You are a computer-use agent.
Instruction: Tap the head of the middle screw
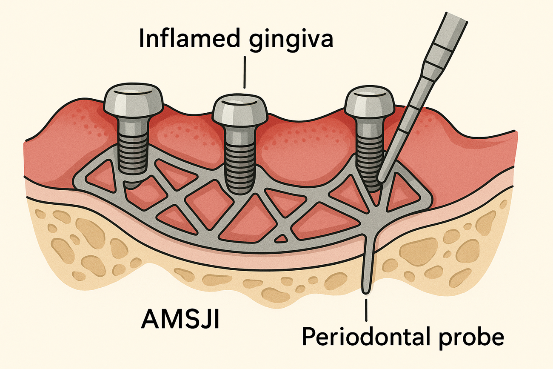tap(240, 109)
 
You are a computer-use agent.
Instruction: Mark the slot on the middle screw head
tap(240, 100)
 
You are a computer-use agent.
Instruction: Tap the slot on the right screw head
tap(369, 94)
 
